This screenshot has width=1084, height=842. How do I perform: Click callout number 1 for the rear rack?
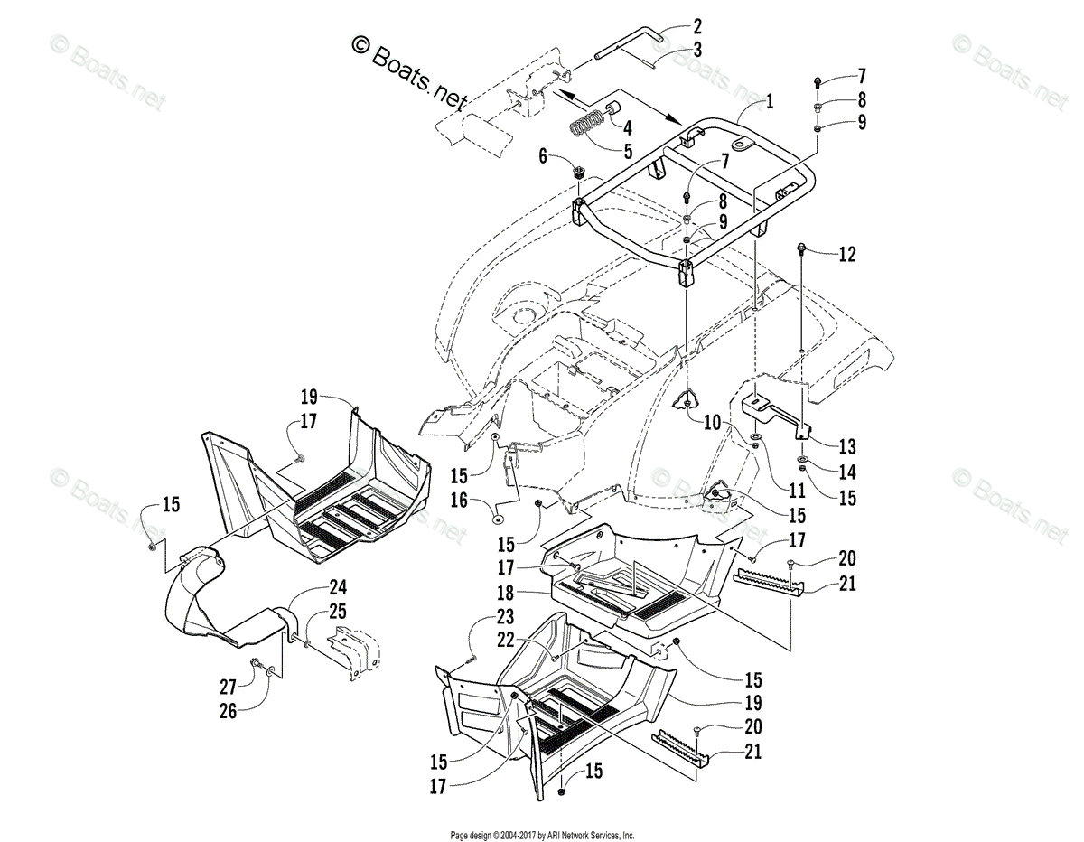click(x=770, y=102)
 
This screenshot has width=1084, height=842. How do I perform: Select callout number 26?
click(x=228, y=711)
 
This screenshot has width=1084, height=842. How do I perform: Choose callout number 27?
click(x=228, y=687)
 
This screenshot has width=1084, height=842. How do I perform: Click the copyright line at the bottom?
click(x=542, y=836)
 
